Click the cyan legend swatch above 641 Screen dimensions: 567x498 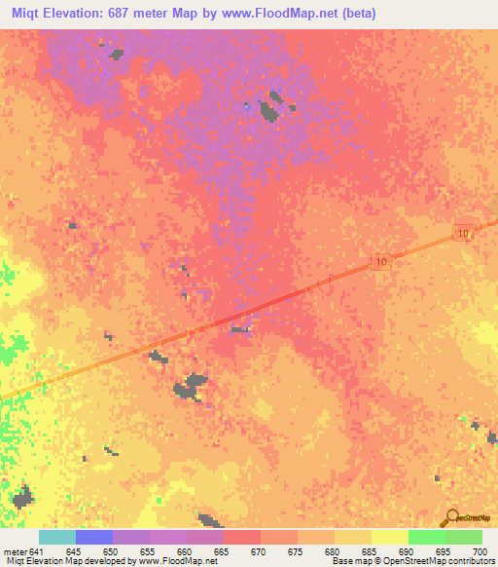(57, 537)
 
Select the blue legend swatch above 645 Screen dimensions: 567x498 (94, 537)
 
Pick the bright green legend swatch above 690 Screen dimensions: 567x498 (426, 537)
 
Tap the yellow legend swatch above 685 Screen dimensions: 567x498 (389, 537)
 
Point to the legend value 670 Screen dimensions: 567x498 (259, 551)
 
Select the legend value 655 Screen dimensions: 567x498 (148, 551)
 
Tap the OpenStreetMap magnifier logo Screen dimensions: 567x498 (450, 517)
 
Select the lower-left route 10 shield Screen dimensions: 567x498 (382, 261)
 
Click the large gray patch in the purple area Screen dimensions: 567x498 (272, 107)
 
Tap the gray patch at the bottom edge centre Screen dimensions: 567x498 (208, 521)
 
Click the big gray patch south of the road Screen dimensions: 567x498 (191, 386)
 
